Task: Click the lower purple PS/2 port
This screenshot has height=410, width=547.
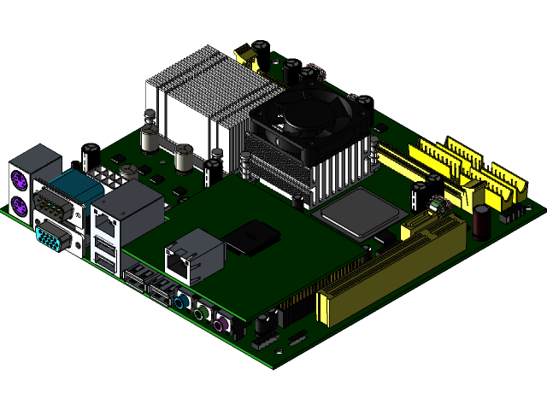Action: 19,205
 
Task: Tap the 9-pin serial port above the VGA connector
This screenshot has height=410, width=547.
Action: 53,208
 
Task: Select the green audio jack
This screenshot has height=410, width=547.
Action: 200,313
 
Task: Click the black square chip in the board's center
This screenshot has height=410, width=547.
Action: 252,237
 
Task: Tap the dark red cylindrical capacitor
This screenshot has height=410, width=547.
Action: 482,221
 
